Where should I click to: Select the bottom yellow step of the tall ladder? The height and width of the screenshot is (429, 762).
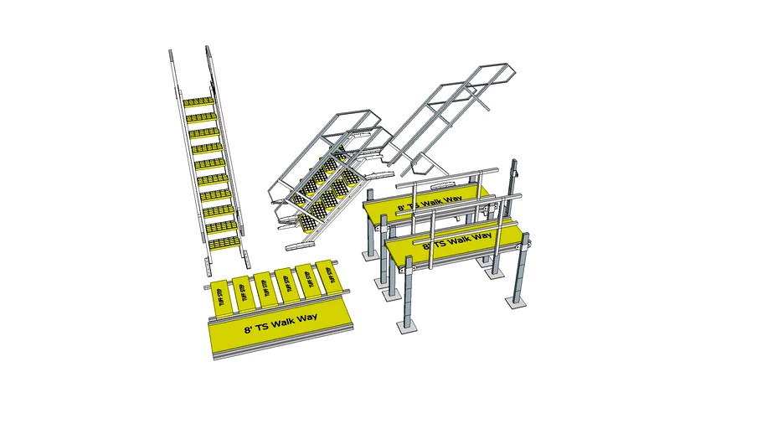pyautogui.click(x=224, y=243)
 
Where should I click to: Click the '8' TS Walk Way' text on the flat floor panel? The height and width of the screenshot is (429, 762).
pyautogui.click(x=274, y=326)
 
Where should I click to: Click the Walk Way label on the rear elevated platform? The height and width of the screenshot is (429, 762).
pyautogui.click(x=430, y=202)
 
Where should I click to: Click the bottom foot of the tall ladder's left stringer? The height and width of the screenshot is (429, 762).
pyautogui.click(x=206, y=268)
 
